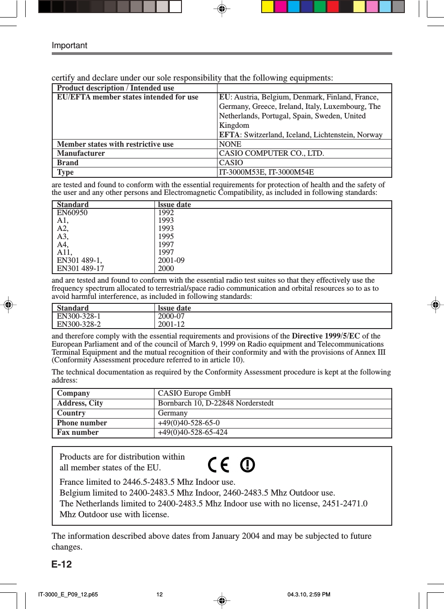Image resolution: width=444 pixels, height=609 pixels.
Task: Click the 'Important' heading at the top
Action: [69, 45]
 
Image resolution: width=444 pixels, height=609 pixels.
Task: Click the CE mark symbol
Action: [218, 465]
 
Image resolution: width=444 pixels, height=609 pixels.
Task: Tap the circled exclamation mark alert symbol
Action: [247, 465]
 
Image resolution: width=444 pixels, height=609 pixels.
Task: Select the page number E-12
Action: [62, 564]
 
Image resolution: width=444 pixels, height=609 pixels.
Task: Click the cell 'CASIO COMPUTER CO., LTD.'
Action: [271, 153]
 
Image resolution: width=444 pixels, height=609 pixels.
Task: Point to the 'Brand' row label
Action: [68, 163]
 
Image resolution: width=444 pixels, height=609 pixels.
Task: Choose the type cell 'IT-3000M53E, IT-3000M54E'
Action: [266, 172]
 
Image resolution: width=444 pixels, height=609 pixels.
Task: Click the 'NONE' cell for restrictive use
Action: [230, 144]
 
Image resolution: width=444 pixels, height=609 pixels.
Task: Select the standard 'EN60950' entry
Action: [72, 212]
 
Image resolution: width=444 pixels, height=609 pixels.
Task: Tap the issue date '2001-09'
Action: [171, 260]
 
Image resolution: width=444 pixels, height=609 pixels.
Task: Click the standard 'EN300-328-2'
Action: [79, 324]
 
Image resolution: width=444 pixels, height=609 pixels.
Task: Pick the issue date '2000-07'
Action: [171, 316]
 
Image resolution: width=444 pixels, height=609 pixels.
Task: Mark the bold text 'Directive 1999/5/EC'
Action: [326, 336]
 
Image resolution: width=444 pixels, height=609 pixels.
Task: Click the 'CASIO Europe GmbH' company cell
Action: [194, 393]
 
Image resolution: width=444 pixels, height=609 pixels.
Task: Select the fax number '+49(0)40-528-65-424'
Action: [192, 433]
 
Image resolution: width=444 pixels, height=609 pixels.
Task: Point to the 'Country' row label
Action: [71, 413]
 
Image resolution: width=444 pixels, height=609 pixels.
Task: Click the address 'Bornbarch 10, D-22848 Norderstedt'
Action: [216, 403]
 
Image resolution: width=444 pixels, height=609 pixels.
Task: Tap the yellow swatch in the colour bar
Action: [267, 6]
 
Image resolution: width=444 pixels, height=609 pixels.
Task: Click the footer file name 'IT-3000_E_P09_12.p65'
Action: [68, 594]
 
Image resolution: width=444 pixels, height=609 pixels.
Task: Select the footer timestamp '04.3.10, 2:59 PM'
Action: [308, 594]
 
